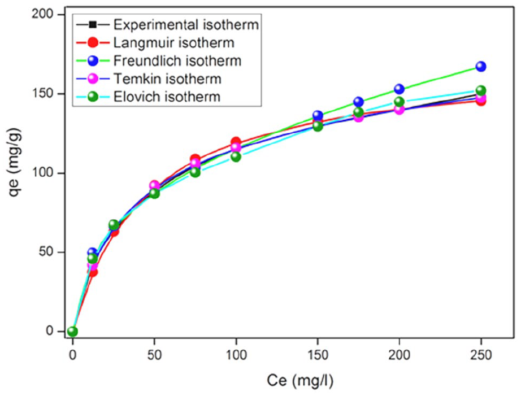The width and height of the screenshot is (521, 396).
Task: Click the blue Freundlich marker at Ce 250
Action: [x=481, y=67]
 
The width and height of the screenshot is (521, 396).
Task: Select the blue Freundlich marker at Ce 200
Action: [x=400, y=89]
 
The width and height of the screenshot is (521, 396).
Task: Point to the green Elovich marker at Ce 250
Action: [x=481, y=90]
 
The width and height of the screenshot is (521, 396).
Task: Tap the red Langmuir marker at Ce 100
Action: [x=236, y=142]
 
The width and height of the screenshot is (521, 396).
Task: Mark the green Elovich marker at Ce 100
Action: [x=236, y=156]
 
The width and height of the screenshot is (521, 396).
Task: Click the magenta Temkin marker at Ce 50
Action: [x=154, y=185]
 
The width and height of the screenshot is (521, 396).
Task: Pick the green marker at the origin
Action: [x=72, y=332]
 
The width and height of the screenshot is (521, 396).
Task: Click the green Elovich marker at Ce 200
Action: [x=400, y=102]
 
